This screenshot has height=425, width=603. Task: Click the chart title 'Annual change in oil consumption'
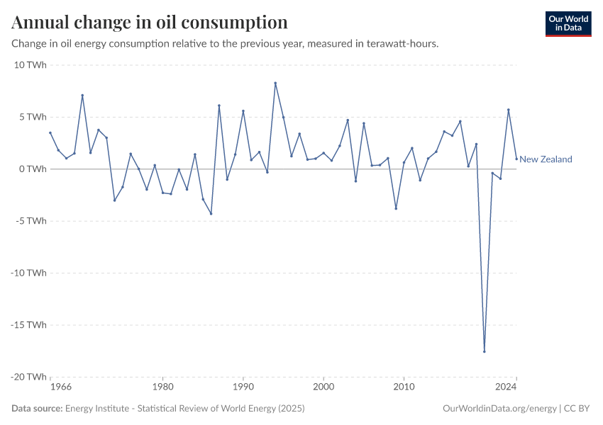click(150, 22)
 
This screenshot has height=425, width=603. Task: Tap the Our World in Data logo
click(568, 23)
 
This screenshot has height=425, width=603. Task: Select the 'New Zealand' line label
click(546, 159)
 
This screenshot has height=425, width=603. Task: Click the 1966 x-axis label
click(61, 387)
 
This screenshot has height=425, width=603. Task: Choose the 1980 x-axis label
click(162, 387)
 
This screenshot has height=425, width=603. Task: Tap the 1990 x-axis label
click(243, 387)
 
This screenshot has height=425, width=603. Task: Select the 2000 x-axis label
click(323, 387)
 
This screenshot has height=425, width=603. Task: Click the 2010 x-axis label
click(404, 387)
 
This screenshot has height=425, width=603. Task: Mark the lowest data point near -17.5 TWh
click(485, 351)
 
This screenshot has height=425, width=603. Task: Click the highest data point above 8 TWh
click(275, 83)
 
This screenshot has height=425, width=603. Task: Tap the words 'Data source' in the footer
click(37, 409)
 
